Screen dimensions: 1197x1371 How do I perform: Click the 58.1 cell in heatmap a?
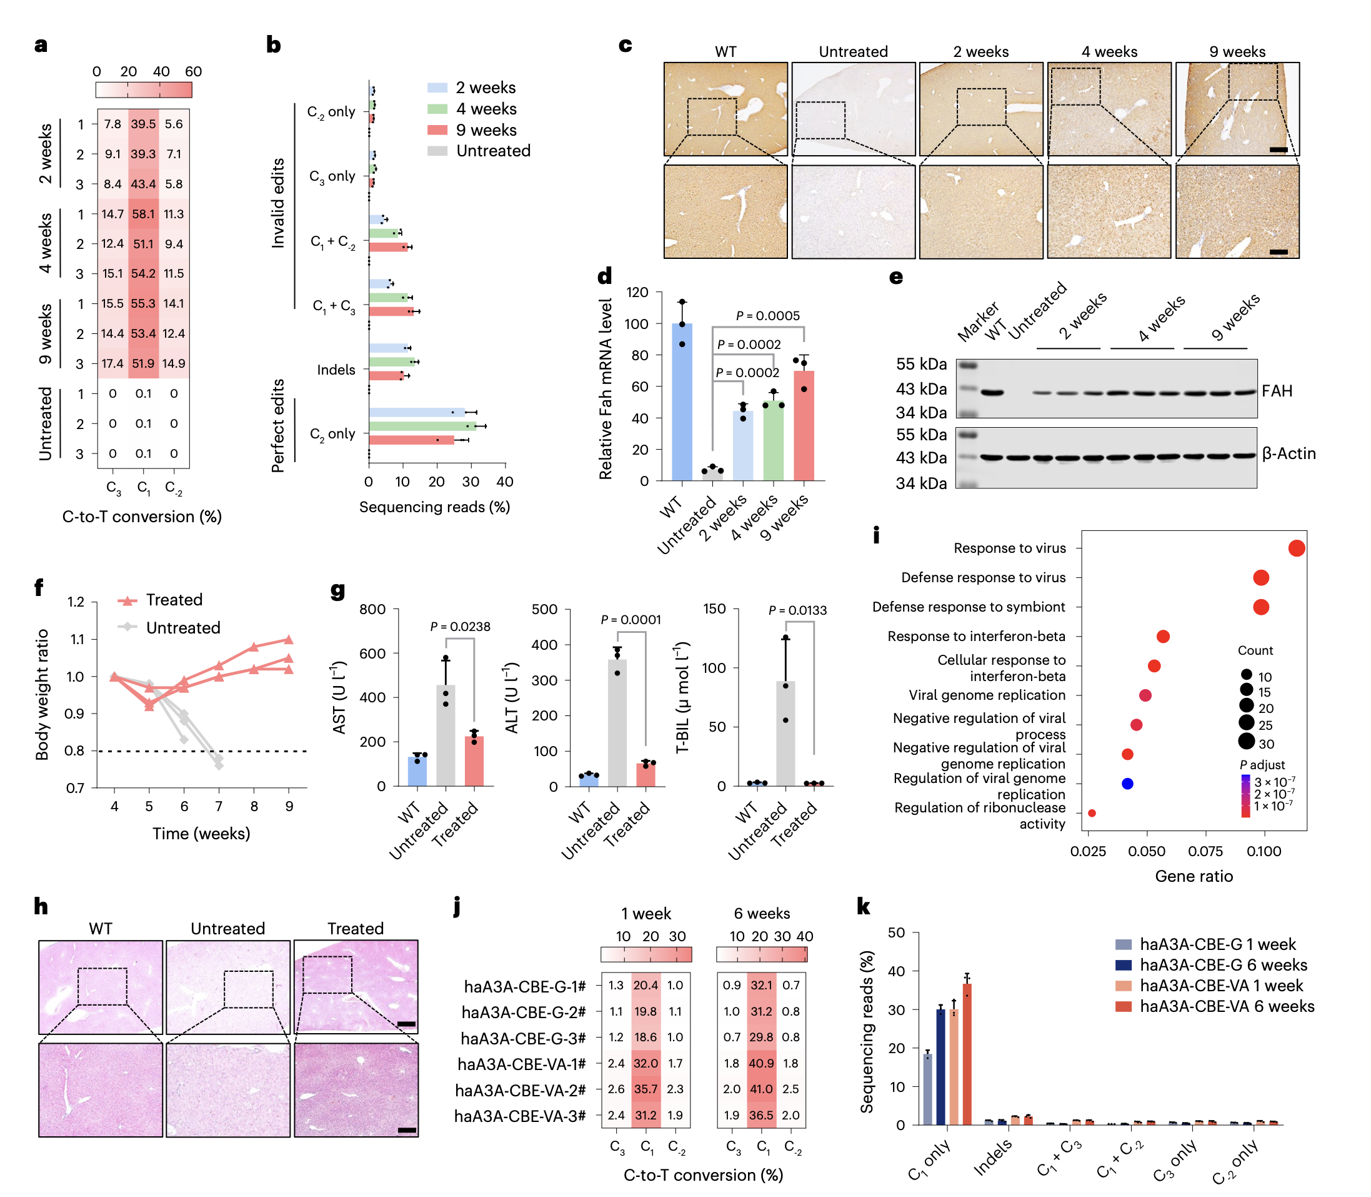[x=143, y=214]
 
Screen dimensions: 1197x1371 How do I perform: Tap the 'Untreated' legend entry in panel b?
[x=492, y=151]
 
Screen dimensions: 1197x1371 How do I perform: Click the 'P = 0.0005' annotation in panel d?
[x=767, y=316]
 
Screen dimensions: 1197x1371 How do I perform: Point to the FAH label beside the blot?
[x=1276, y=391]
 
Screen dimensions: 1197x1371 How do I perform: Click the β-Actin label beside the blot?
[x=1289, y=453]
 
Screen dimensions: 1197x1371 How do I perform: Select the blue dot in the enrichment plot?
[x=1127, y=784]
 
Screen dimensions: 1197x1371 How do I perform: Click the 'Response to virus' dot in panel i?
[x=1296, y=548]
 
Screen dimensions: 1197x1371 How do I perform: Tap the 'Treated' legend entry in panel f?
[x=174, y=600]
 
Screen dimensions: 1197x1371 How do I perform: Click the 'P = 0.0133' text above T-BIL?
[x=797, y=610]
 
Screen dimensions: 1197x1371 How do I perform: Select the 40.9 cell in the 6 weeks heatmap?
[x=761, y=1063]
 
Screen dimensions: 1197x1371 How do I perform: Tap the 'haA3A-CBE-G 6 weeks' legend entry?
[x=1223, y=964]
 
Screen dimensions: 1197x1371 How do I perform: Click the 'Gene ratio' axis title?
[x=1194, y=876]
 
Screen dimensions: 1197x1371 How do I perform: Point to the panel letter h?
[x=41, y=906]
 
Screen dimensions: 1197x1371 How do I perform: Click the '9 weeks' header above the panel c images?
[x=1237, y=51]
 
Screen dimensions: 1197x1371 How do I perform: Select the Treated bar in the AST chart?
[x=474, y=761]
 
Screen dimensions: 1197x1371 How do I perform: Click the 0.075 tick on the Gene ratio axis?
[x=1205, y=851]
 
